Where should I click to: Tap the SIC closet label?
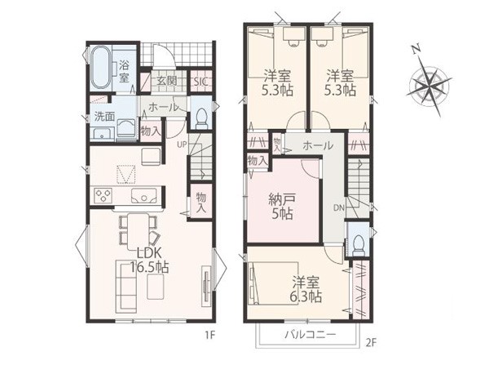200,82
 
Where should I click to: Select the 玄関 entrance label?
166,81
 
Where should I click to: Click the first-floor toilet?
201,118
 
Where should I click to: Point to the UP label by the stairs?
181,145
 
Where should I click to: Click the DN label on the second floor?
338,207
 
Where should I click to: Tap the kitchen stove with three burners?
103,196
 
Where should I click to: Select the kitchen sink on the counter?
143,196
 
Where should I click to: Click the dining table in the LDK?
139,230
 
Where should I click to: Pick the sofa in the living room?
126,287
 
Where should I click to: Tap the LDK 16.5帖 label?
149,260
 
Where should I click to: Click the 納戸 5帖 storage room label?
282,207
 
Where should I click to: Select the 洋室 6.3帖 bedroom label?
306,289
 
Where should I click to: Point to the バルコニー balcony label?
311,335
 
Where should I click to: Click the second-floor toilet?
358,245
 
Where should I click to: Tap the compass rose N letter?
415,49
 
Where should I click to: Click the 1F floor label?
210,336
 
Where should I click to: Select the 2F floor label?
371,343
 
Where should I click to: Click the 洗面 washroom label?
105,117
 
